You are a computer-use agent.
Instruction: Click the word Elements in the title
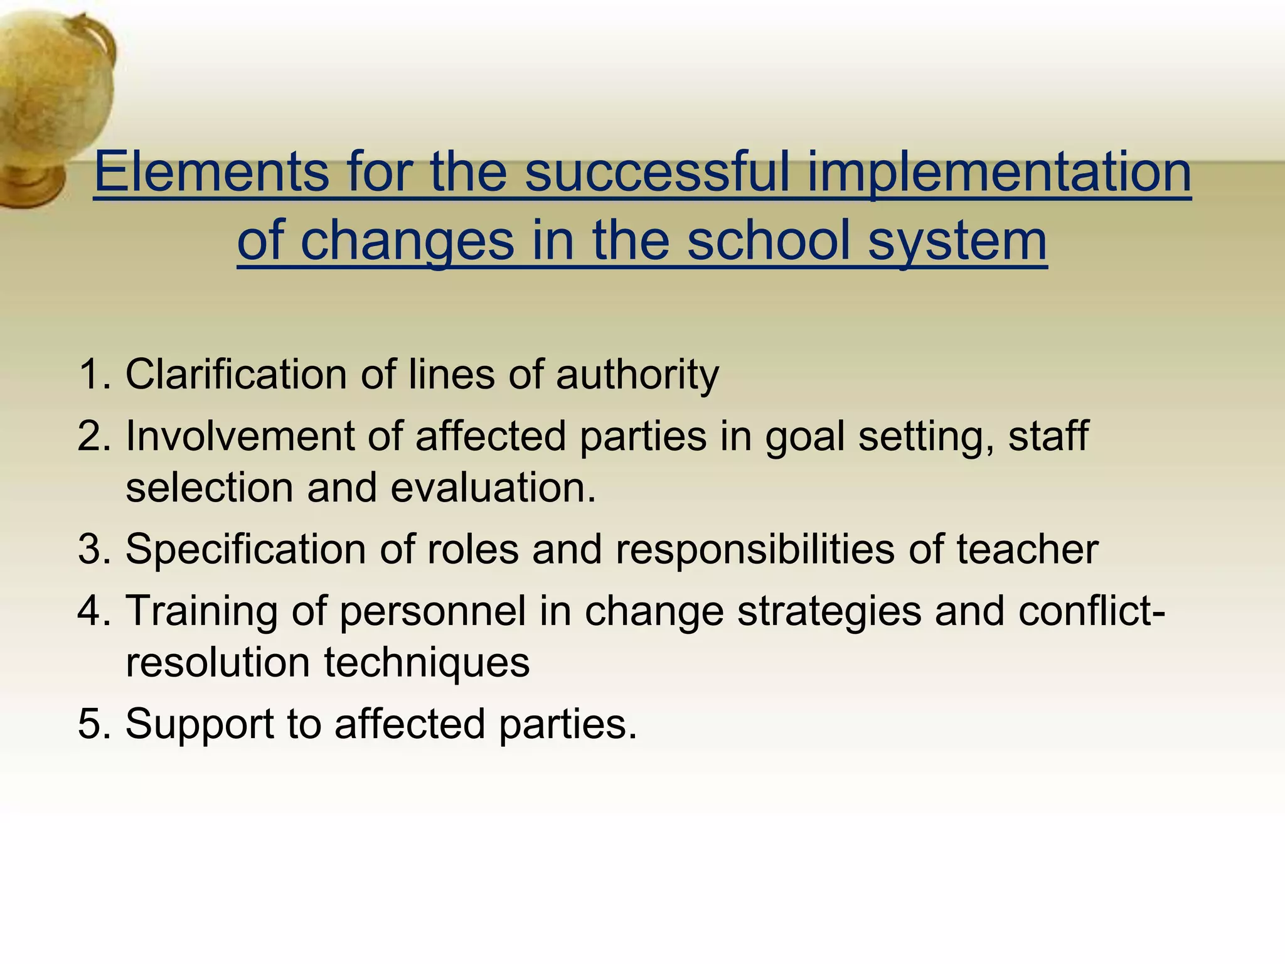211,172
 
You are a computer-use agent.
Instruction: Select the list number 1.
93,375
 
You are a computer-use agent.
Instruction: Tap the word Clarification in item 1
236,375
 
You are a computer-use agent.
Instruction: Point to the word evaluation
493,488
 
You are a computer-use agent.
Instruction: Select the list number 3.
93,549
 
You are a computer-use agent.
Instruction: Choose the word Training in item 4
201,611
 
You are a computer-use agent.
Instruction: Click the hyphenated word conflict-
1092,611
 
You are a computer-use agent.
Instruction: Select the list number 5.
93,724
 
